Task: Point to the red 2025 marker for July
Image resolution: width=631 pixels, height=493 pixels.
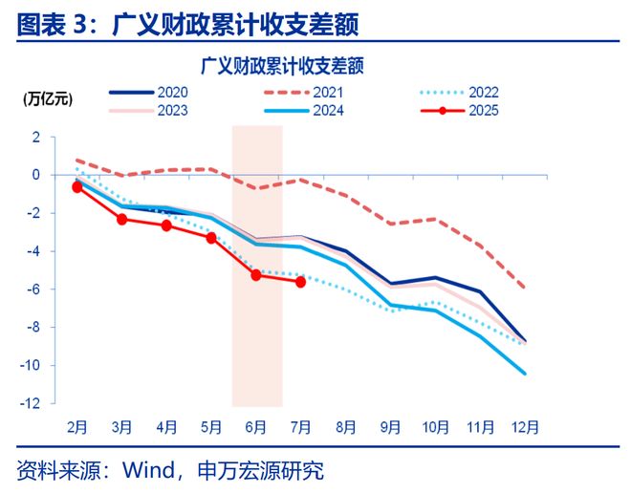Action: coord(301,282)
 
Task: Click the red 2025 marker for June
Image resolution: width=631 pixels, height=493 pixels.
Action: coord(256,274)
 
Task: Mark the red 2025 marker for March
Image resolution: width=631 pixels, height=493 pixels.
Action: coord(121,219)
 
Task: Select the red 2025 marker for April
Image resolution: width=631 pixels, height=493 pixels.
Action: coord(166,225)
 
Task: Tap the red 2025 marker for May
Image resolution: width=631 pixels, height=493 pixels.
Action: coord(211,237)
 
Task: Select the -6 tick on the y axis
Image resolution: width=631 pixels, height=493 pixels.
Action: coord(33,289)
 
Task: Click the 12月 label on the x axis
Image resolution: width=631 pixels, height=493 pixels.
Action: coord(525,427)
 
